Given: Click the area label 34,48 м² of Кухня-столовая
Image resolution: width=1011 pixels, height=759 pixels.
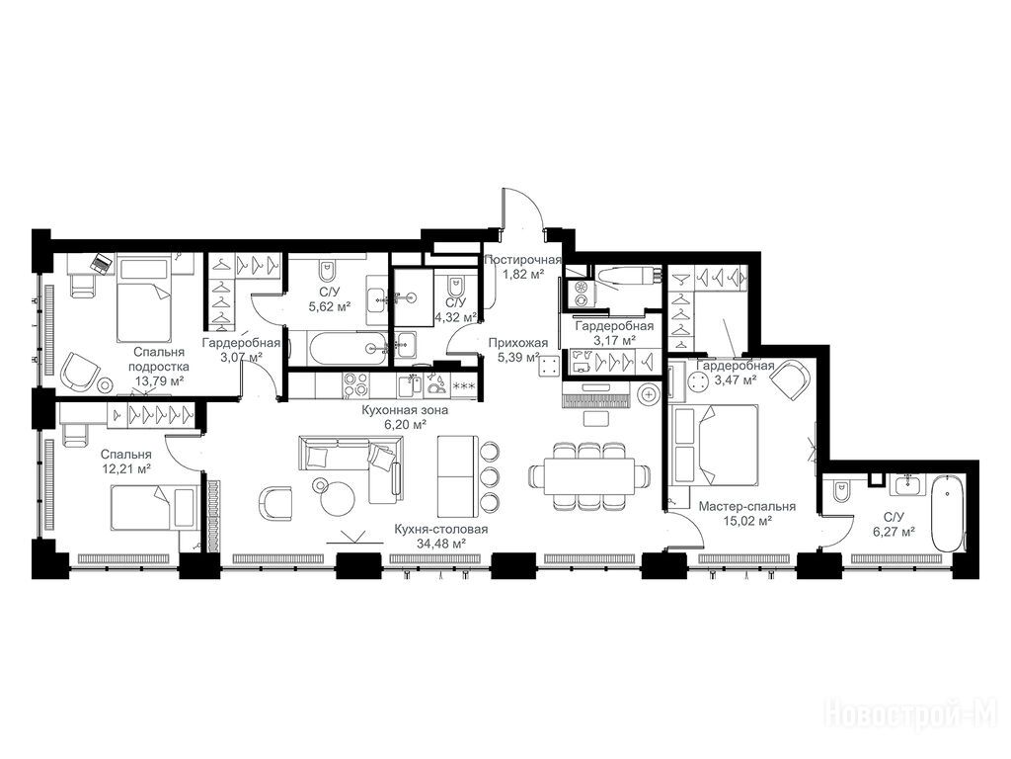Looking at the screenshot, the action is coord(441,545).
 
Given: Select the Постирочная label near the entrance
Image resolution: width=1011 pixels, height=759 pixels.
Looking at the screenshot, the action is coord(522,260).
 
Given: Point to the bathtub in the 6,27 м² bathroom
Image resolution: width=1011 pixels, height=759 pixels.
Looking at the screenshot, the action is coord(946,513).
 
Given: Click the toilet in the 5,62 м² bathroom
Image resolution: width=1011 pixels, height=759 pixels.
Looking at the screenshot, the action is coord(326,269).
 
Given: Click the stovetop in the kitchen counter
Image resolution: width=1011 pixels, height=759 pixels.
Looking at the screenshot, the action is coord(355,385).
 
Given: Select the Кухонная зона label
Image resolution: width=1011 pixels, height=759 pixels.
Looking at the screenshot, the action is coord(404,410).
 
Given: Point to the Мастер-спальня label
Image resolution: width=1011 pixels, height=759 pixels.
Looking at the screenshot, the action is coord(747,507).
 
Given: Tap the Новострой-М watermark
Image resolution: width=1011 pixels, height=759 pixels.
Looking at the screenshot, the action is coord(911,715).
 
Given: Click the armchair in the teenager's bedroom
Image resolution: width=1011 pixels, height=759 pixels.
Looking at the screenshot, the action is coord(80,373).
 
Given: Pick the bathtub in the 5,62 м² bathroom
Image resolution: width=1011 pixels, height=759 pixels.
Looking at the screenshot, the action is coord(348,349).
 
